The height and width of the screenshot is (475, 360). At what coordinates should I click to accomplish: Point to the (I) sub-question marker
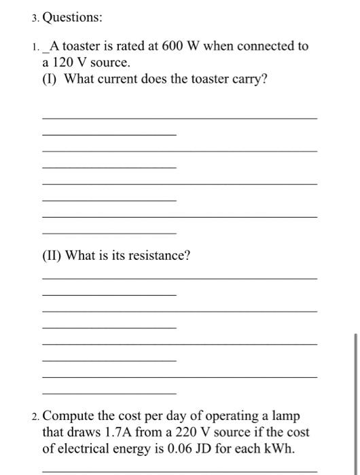50,80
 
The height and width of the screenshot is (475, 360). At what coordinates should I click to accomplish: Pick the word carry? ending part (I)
245,80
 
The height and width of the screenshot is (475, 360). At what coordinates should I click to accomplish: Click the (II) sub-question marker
53,256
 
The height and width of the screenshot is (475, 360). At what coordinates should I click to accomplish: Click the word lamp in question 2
285,415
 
